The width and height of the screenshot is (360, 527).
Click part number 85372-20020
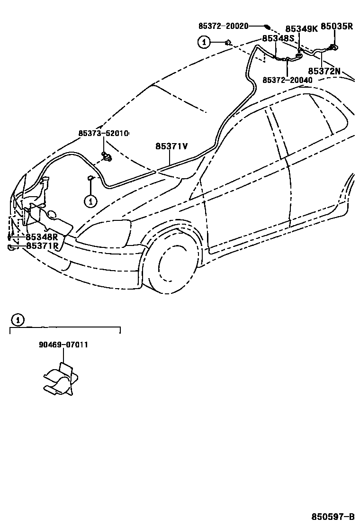[223, 27]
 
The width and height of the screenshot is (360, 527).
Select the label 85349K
[301, 28]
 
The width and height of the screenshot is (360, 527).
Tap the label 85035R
[337, 27]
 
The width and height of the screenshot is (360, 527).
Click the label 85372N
[324, 71]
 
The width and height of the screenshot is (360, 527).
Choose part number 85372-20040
[288, 81]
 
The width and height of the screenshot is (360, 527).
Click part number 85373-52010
[104, 134]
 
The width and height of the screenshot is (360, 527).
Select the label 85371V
[171, 146]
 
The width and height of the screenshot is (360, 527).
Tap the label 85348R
[42, 237]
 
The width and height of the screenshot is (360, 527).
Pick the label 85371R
[42, 245]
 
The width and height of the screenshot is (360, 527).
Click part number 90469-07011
[63, 345]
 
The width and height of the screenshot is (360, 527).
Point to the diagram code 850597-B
[333, 516]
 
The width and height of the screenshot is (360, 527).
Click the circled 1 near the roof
[204, 43]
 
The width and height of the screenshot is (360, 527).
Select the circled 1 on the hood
[90, 201]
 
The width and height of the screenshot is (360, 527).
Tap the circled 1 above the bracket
[17, 320]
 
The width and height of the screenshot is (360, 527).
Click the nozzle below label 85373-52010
[107, 156]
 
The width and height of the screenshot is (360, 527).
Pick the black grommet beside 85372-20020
[267, 27]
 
